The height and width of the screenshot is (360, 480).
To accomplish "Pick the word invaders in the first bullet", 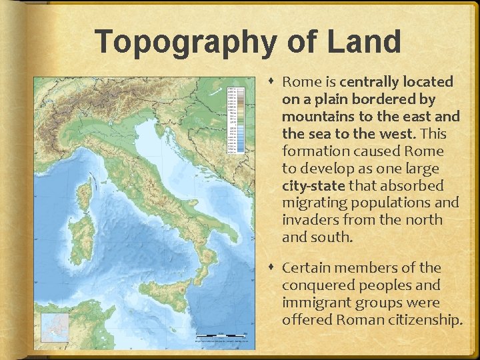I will pyautogui.click(x=311, y=220).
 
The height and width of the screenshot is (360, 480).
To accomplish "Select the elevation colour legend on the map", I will pyautogui.click(x=231, y=119).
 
